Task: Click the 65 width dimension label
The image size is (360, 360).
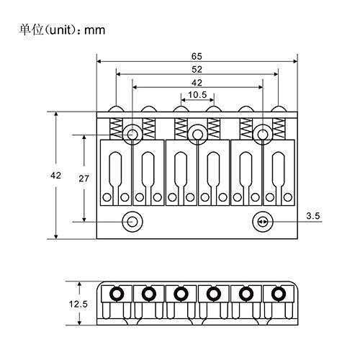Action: coord(197,56)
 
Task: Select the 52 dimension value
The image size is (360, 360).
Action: coord(197,69)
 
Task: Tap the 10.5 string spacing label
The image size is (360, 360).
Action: coord(197,95)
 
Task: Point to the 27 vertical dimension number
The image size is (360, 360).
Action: coord(84,179)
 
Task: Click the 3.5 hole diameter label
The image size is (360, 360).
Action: coord(313,216)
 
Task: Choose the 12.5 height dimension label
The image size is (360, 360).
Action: coord(78,304)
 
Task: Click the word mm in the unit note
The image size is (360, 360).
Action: coord(95,30)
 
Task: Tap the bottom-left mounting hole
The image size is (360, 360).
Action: coord(132,222)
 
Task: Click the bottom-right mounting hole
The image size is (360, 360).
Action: coord(263,222)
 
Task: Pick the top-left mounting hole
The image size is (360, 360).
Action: coord(132,135)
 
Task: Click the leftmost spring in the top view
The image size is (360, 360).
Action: coord(116,129)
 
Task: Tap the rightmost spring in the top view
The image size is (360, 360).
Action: coord(279,129)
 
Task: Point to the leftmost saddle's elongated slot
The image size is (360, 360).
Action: coord(116,178)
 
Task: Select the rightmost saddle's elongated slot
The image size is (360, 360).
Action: coord(279,178)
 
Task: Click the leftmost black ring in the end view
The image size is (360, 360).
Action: coord(117,293)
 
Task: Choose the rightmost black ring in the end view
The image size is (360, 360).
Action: coord(279,293)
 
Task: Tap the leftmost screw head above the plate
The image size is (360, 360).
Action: coord(116,109)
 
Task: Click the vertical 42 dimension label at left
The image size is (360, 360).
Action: coord(55,176)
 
